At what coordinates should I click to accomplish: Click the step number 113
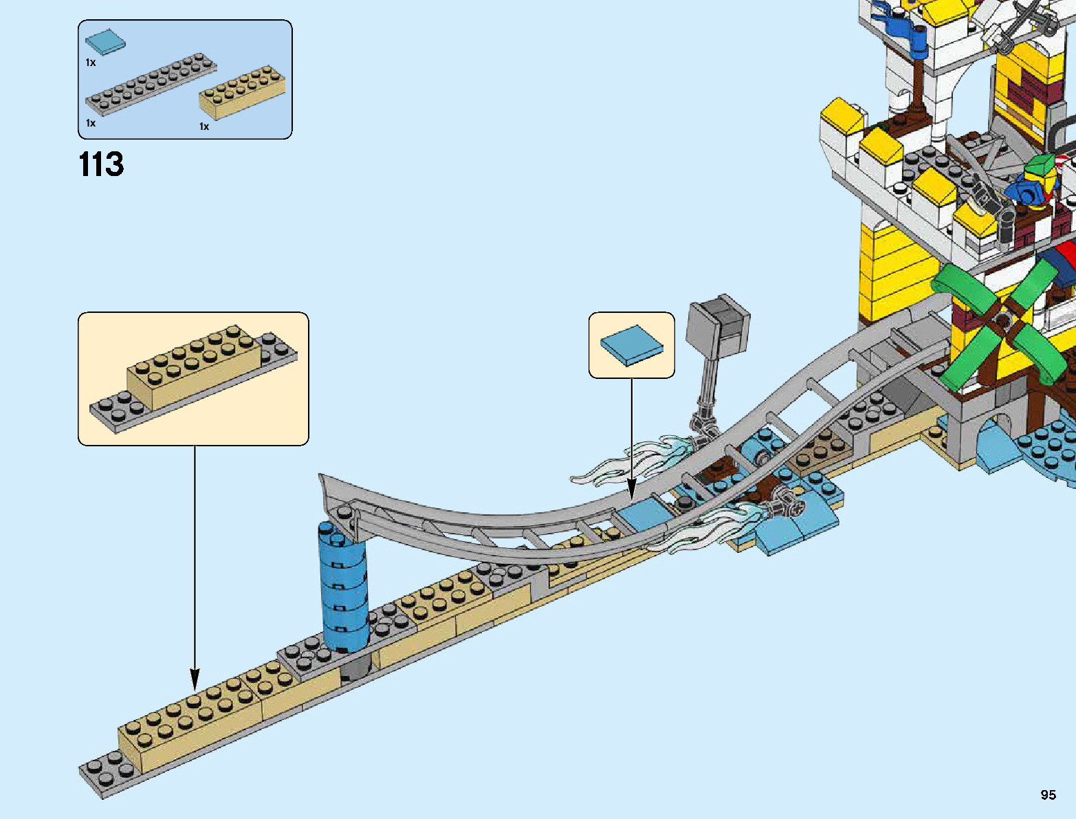pos(101,164)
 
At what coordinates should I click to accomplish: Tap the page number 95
pos(1048,795)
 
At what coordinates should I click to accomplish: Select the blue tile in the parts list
pos(106,42)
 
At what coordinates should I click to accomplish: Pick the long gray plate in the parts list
pos(151,86)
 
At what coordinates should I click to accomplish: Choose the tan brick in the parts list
pos(243,92)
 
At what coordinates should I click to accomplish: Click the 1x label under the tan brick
pos(204,127)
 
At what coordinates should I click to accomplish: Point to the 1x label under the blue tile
pos(91,63)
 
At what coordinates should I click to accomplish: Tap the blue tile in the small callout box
pos(632,345)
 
